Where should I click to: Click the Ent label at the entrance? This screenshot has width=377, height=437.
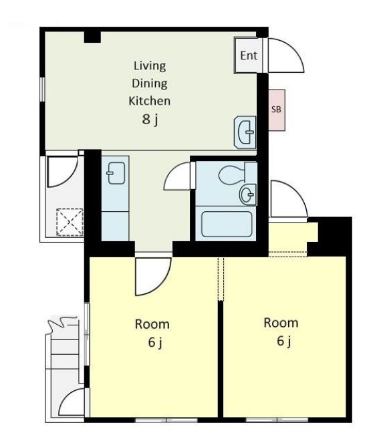click(249, 55)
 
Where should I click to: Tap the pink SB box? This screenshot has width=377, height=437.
click(277, 110)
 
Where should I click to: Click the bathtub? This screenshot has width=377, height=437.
click(227, 224)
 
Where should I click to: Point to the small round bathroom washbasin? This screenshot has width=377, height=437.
click(247, 194)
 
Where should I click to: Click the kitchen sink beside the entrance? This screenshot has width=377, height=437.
click(245, 132)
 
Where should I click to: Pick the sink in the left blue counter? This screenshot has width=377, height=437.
click(116, 173)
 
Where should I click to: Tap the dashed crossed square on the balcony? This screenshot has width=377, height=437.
click(70, 222)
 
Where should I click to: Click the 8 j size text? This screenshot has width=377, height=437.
click(150, 120)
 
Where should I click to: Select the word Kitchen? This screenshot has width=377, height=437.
click(150, 101)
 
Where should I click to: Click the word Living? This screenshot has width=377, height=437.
click(150, 66)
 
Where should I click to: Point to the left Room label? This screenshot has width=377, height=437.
click(152, 324)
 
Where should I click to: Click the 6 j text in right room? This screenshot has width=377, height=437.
click(284, 341)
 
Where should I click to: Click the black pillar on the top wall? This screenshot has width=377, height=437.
click(92, 37)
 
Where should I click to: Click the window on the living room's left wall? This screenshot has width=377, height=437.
click(42, 89)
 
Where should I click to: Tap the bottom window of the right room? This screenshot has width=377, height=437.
click(277, 420)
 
